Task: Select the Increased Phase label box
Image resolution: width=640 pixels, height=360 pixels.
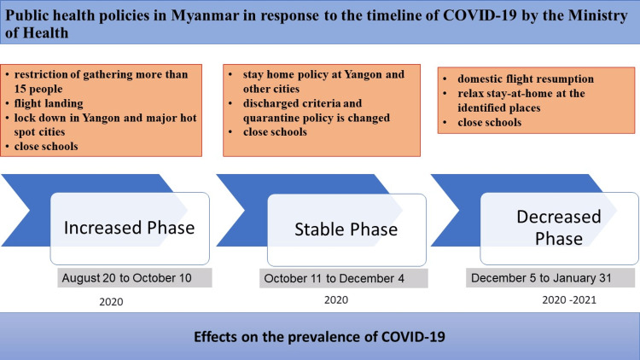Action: (130, 228)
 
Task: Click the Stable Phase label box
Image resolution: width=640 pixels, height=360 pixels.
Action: (346, 229)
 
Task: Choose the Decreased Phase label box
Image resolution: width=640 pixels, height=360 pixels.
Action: (559, 228)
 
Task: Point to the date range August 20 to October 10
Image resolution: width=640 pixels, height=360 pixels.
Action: (127, 278)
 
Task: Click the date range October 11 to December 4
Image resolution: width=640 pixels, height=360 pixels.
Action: (334, 278)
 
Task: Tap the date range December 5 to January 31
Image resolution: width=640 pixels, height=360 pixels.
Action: (541, 278)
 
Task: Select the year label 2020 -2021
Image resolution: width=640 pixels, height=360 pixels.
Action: (569, 300)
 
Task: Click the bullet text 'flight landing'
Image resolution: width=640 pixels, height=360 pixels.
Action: (49, 103)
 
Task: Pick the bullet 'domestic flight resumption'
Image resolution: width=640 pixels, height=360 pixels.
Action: (526, 78)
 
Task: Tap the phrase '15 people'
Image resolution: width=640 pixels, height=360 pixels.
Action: (38, 89)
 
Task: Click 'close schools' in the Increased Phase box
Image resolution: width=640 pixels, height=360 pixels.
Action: (46, 146)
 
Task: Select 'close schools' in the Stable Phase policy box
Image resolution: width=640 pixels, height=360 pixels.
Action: (275, 132)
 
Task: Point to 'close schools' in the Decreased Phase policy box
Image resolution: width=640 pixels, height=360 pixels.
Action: (490, 123)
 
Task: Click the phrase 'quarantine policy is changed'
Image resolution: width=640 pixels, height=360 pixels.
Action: (317, 118)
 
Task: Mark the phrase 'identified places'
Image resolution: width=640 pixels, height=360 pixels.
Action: (499, 107)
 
